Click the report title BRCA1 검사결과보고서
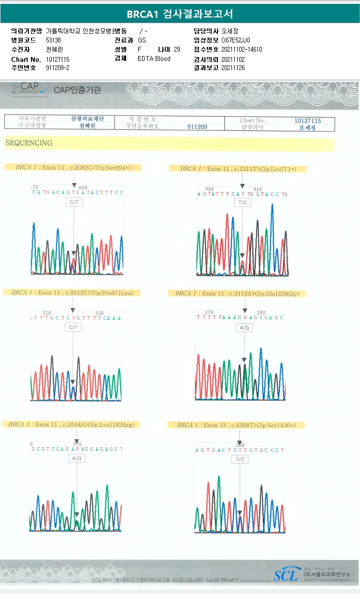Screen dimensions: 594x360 point(180,14)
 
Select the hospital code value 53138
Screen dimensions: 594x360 point(53,40)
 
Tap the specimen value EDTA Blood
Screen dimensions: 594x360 point(154,58)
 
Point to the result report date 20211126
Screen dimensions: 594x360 point(233,68)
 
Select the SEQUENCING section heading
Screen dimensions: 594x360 point(29,143)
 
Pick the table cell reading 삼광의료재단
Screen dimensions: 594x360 point(87,119)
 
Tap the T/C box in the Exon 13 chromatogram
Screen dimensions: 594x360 point(240,459)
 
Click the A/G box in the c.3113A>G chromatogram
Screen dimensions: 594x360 point(245,328)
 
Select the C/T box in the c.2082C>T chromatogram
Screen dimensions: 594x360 point(73,203)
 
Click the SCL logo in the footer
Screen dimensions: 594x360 point(286,575)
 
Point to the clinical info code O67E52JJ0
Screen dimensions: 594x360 point(236,40)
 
